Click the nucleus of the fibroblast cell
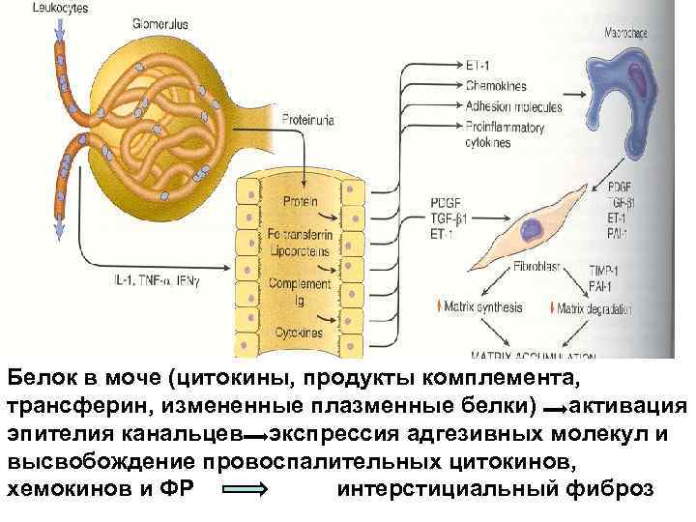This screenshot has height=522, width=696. tap(532, 228)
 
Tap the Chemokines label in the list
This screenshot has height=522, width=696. tap(496, 84)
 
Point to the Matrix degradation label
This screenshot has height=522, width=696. tap(594, 309)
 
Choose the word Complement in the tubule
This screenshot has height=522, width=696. tap(300, 283)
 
